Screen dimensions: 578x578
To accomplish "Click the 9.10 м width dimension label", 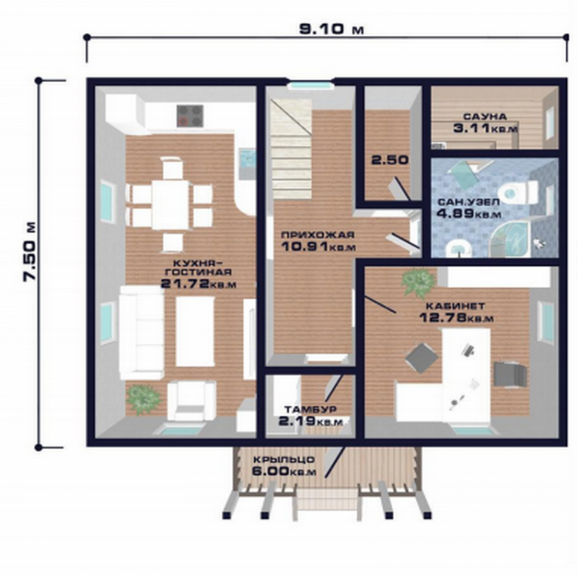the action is [x=331, y=29].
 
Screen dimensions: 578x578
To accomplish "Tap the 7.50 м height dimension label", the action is [x=30, y=252].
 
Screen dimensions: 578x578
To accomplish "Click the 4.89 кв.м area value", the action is [x=469, y=213].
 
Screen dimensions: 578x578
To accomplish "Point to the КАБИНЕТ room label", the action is [x=455, y=306].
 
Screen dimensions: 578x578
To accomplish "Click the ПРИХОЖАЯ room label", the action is [x=318, y=235].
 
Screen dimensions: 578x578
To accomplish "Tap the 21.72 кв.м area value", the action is [x=199, y=284].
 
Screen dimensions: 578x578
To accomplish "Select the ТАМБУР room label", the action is [x=311, y=409].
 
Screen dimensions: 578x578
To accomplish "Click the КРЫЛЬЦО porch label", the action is [x=284, y=460].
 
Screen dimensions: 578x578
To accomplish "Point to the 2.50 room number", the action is [x=390, y=160].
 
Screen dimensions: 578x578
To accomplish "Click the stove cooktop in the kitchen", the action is [x=190, y=116].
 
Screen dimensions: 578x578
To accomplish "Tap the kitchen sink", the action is [x=247, y=159].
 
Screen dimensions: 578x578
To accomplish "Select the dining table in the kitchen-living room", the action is [x=171, y=204].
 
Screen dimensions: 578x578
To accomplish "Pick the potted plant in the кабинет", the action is [x=418, y=282].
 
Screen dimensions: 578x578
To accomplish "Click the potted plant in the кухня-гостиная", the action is [x=143, y=399].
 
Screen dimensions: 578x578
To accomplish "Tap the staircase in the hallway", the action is [x=291, y=150].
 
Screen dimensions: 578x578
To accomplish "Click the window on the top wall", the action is [x=309, y=86].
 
